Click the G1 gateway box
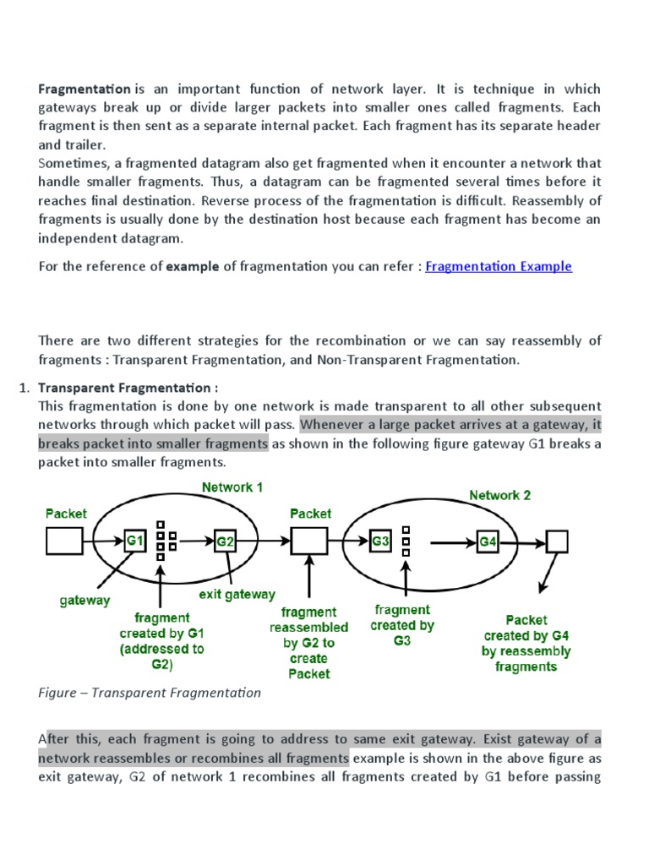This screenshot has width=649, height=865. [135, 540]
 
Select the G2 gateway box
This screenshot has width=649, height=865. [225, 541]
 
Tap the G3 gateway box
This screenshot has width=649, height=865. [379, 540]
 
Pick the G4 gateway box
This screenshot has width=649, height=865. [488, 541]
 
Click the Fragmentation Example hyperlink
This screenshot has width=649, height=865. [499, 266]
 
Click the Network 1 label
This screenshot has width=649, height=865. [232, 487]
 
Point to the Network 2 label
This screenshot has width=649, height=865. [500, 495]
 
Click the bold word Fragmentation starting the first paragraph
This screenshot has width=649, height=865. [85, 89]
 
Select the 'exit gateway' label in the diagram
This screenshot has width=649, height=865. [237, 594]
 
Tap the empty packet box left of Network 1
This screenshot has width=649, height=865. [64, 541]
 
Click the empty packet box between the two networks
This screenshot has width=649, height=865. [309, 541]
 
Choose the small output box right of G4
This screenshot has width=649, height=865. [557, 541]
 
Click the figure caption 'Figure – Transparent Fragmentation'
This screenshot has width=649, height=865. [150, 693]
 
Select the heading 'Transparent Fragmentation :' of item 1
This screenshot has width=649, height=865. [128, 388]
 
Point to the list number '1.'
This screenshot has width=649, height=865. [25, 388]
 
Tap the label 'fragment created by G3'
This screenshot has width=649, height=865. [402, 625]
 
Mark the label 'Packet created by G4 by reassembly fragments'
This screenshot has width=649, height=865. [526, 643]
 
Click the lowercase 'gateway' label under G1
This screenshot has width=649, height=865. [85, 600]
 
